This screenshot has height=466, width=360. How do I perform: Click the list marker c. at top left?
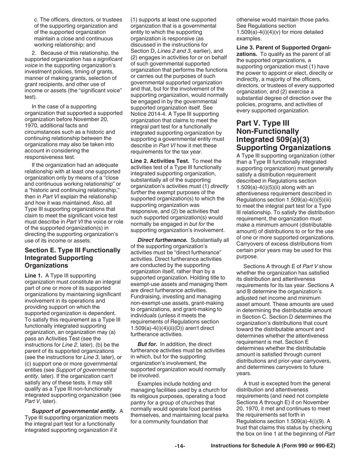pos(36,19)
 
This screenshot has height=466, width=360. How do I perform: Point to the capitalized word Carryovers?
pos(250,244)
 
